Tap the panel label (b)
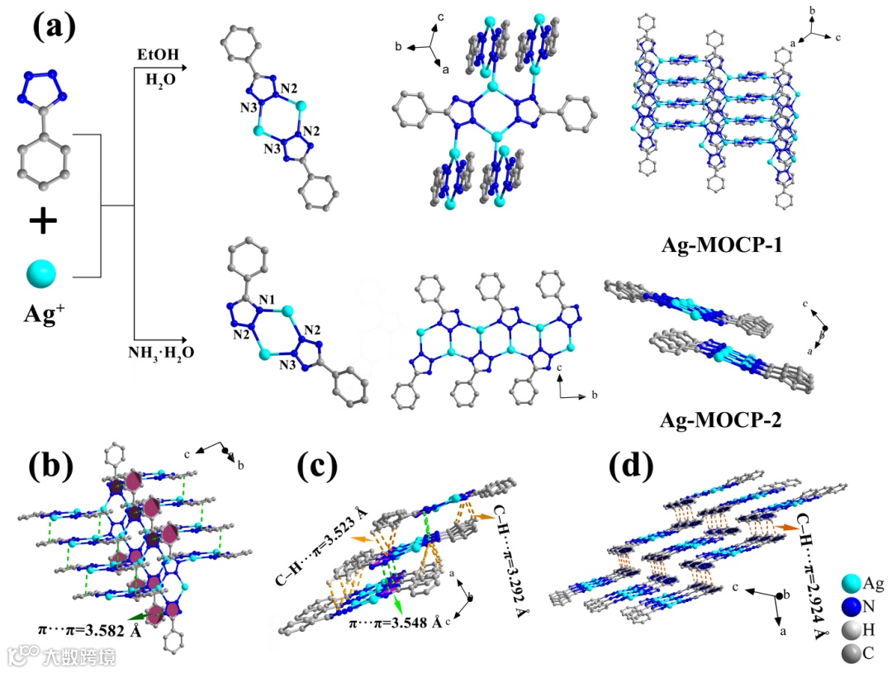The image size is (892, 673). [51, 467]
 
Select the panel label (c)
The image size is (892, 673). [317, 467]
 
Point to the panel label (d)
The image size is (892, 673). [630, 467]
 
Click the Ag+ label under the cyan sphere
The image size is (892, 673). [40, 315]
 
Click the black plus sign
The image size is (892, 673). [42, 220]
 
